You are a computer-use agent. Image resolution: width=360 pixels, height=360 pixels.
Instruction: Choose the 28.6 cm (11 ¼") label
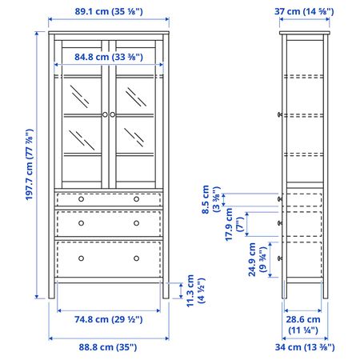click(x=304, y=324)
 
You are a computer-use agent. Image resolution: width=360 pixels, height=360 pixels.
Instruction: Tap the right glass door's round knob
click(x=114, y=115)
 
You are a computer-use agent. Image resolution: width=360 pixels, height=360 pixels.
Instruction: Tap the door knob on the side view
click(x=279, y=115)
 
